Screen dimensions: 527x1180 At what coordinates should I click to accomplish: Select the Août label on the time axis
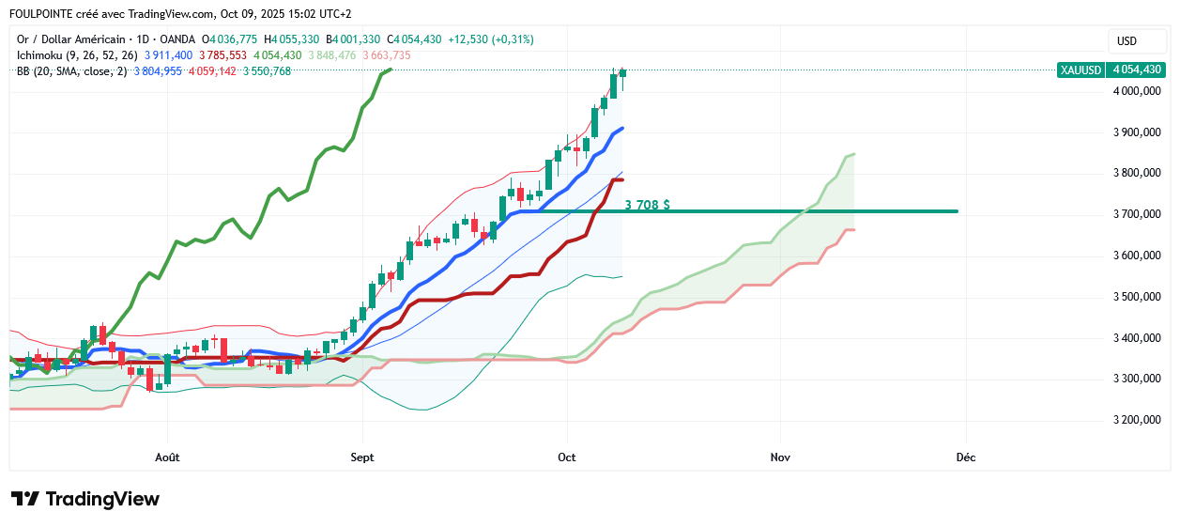167,457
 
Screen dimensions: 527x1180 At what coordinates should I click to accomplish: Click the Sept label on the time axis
361,457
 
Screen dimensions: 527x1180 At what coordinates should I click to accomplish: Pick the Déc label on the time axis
965,457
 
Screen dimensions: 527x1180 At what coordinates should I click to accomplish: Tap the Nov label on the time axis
779,457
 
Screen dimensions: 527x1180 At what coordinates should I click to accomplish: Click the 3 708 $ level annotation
647,204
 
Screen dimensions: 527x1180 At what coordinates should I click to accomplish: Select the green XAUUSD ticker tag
1080,70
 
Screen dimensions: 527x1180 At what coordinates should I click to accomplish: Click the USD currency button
1126,41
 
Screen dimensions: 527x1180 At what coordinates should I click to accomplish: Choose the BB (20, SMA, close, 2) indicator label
71,71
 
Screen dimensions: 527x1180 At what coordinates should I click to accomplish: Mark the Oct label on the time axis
566,457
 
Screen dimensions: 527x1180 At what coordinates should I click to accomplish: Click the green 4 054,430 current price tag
1136,70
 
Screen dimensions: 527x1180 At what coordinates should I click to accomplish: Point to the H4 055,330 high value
291,39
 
